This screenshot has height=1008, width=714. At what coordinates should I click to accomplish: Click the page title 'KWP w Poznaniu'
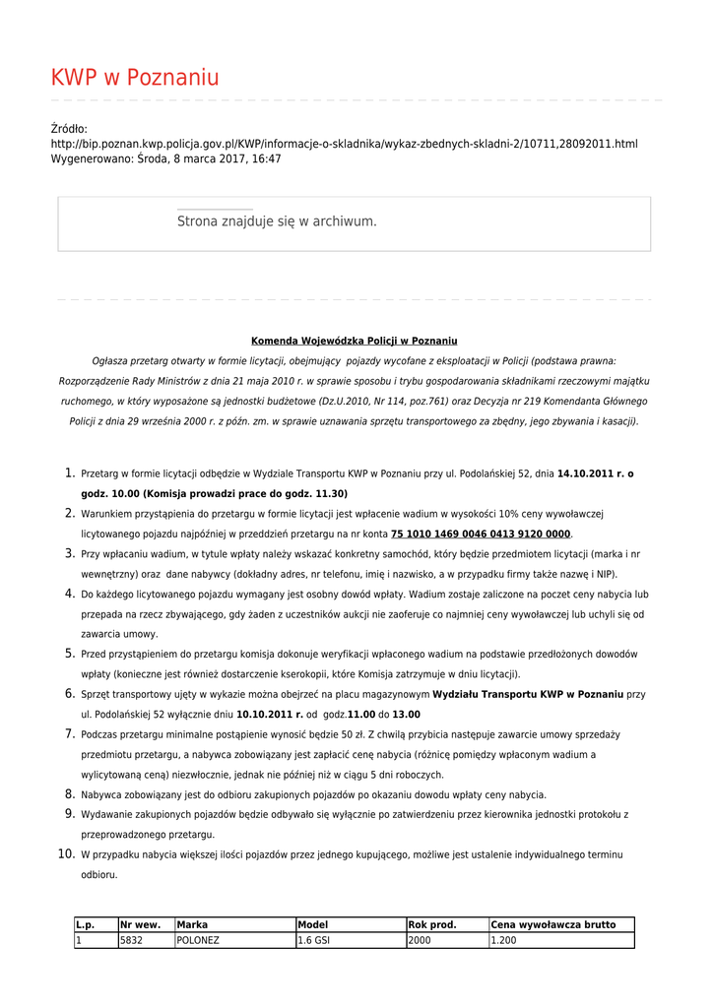coord(135,78)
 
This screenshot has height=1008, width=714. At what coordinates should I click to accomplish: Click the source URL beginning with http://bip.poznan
coord(344,144)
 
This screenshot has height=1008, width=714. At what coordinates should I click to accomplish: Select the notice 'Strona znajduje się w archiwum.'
coord(277,222)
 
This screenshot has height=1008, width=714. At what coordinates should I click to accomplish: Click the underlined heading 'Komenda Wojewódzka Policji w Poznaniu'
coord(354,341)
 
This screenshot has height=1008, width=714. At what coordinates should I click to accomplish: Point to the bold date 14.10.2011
coord(588,473)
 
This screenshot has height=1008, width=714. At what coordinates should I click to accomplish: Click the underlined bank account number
coord(481,534)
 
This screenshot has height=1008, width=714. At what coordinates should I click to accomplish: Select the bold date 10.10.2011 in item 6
coord(269,715)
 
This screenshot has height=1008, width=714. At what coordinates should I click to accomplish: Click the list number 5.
coord(70,654)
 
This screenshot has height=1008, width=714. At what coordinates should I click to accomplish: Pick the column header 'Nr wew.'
coord(140,924)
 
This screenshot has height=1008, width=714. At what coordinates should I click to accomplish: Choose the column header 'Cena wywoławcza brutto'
coord(552,924)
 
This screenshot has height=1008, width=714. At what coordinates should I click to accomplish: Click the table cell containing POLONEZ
coord(198,940)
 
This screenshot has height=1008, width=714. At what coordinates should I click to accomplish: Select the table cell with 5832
coord(132,940)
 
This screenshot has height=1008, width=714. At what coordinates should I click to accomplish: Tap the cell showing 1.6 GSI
coord(314,940)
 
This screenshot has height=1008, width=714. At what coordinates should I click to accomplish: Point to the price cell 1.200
coord(503,940)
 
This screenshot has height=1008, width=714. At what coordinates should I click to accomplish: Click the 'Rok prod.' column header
coord(432,924)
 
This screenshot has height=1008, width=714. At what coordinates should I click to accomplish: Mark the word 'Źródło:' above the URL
coord(69,129)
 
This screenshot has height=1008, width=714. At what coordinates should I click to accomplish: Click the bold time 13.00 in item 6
coord(406,715)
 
